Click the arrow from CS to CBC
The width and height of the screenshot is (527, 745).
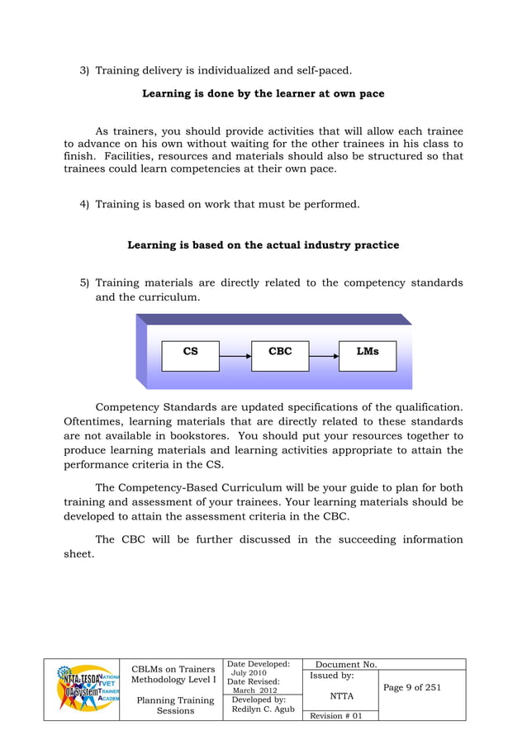point(236,356)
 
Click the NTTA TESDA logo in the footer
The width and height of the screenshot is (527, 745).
point(82,689)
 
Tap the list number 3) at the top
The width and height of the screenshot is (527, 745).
point(84,70)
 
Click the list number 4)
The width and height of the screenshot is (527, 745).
point(84,202)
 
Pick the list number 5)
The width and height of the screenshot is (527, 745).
point(84,283)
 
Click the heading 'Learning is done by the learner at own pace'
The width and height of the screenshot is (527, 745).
point(263,93)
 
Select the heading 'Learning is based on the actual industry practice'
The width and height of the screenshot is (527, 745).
point(263,245)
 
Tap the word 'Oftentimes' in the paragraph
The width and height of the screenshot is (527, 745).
point(93,421)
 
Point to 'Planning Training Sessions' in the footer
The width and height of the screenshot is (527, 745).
point(175,705)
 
